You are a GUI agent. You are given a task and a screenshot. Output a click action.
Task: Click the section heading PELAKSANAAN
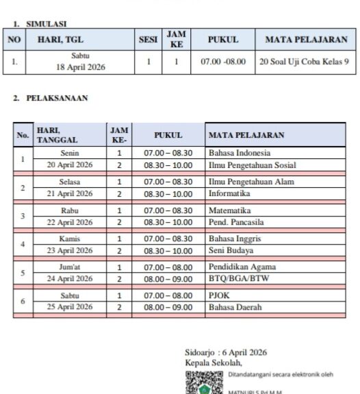57,98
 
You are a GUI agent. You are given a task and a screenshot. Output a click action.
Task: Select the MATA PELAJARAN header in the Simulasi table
306,40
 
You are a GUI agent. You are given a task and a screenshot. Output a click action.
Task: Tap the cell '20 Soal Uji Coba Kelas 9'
306,62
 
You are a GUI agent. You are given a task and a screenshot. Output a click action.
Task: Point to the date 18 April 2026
81,67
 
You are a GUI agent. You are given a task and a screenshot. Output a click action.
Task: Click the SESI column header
148,40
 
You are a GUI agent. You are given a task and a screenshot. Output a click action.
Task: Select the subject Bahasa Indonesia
240,153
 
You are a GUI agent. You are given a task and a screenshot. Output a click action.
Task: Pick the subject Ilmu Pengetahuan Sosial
252,165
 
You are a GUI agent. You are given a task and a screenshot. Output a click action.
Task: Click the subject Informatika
230,193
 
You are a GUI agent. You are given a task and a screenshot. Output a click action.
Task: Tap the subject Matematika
230,210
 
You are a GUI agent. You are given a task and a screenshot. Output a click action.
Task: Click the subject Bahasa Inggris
235,238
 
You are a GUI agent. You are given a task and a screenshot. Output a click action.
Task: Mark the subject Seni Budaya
230,250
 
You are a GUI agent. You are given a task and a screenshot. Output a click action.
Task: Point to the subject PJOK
219,295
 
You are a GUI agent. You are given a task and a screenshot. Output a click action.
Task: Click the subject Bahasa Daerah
235,307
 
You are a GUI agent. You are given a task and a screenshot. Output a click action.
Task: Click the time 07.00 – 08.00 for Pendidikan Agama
168,267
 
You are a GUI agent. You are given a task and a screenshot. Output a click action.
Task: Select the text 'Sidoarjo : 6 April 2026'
226,352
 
